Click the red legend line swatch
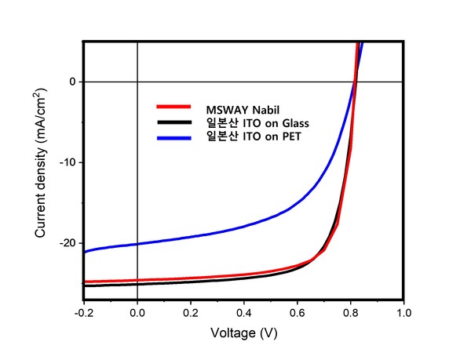[173, 106]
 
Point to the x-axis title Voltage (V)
[243, 333]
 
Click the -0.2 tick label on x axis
[83, 312]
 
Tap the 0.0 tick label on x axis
[137, 312]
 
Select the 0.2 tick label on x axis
[191, 312]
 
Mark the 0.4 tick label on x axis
[244, 312]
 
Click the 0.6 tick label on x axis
[298, 312]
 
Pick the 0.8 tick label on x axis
[351, 312]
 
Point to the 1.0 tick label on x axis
[404, 312]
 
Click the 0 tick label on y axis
[73, 82]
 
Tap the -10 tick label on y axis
[68, 162]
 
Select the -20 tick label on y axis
[68, 243]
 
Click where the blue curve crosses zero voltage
[137, 244]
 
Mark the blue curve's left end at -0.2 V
[84, 252]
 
